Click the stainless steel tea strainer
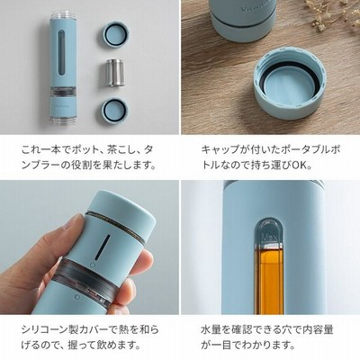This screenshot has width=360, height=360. coord(114,73)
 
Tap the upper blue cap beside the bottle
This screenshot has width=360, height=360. coord(115,35)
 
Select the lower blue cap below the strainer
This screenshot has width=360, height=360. coord(115,111)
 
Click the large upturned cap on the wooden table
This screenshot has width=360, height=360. coord(290,85)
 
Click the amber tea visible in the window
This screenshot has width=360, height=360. coord(269,279)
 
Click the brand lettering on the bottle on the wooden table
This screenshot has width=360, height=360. coord(254,8)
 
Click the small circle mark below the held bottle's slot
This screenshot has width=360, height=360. coord(93,265)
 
